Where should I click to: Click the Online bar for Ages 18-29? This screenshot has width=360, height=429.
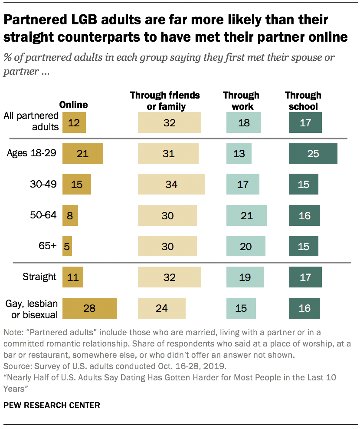coord(82,154)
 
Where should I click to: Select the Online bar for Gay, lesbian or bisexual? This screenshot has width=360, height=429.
coord(90,308)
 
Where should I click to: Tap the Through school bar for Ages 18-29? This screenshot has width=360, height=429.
coord(313,154)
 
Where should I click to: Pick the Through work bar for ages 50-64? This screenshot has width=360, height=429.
coord(246,216)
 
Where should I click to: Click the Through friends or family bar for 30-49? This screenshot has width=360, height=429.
coord(171,185)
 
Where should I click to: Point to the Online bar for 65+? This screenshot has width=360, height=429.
coord(67,247)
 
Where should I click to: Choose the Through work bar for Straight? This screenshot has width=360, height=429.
coord(245,277)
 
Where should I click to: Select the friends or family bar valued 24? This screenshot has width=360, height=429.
coord(161,308)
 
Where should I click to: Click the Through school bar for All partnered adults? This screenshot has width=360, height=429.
coord(305,123)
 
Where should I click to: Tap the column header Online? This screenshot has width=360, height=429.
coord(73,105)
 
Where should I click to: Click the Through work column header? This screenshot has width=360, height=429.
coord(241,101)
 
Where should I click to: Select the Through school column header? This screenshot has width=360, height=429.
coord(303,101)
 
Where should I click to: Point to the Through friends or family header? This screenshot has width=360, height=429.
coord(165,101)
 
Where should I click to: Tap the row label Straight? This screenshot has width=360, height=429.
coord(40,277)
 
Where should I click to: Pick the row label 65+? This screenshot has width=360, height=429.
coord(47,246)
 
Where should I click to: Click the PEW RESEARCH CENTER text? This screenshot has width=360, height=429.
coord(52,405)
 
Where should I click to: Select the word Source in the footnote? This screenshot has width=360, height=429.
coord(15,366)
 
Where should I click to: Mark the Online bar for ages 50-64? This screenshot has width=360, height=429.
coord(70,216)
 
